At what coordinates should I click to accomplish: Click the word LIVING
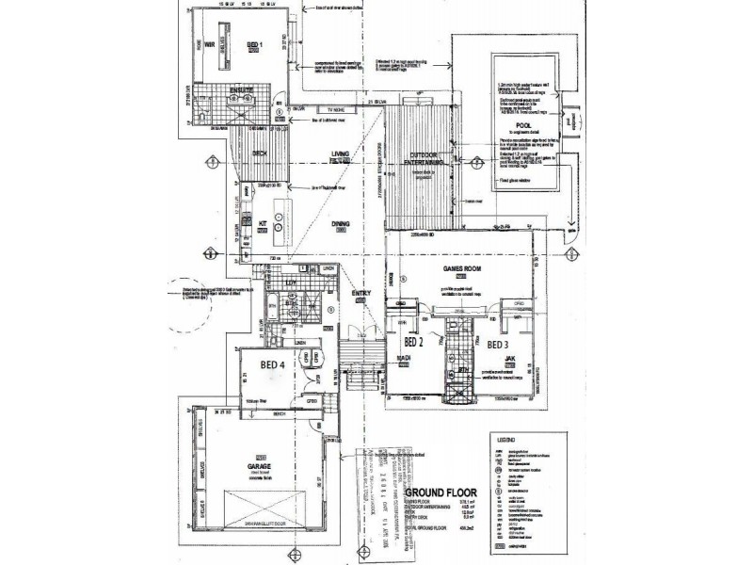[x=340, y=155]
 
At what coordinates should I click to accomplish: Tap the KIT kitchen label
[x=264, y=223]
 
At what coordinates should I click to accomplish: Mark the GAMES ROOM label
[x=462, y=267]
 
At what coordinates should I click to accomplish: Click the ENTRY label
[x=361, y=294]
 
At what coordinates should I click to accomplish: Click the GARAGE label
[x=260, y=467]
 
